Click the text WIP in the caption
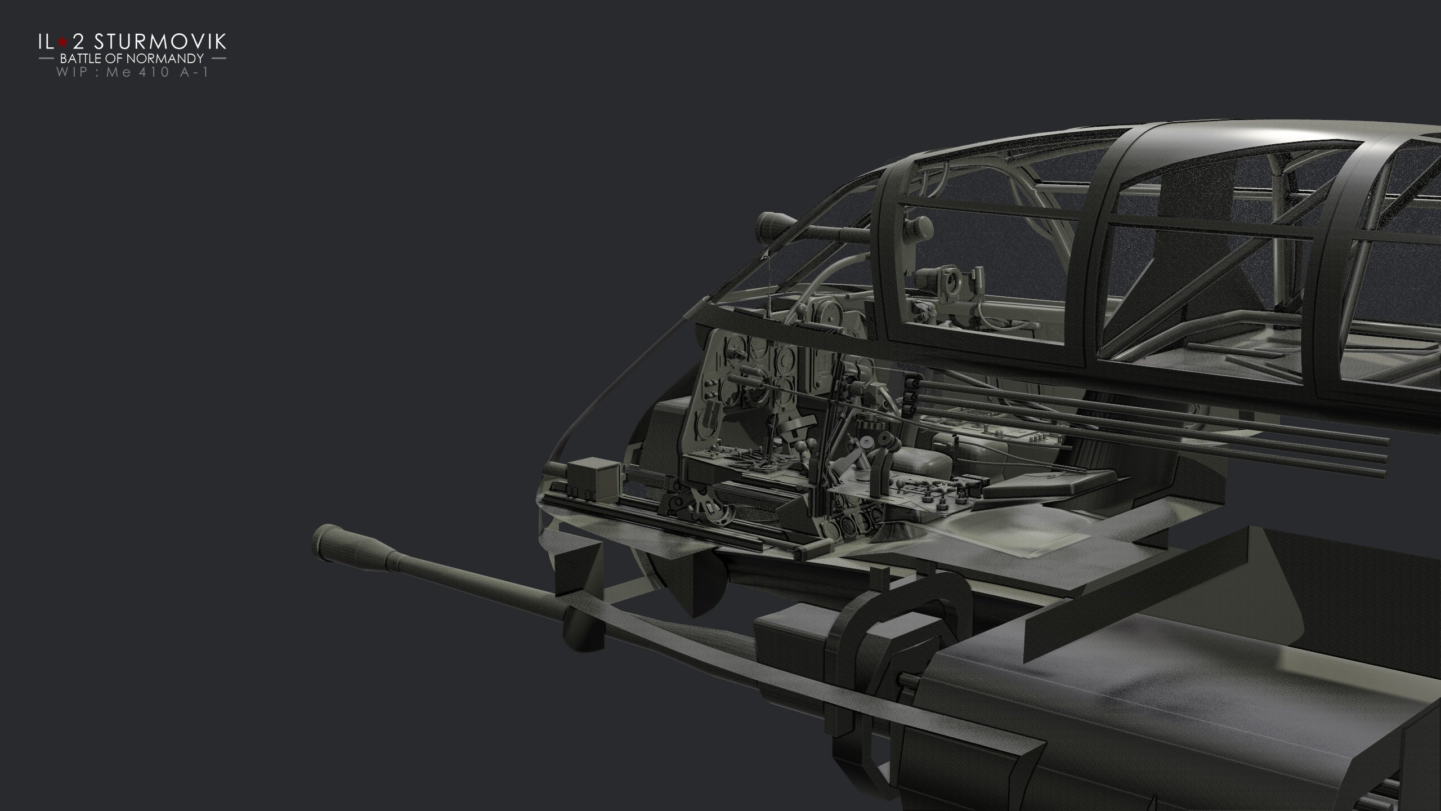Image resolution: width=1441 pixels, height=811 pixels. [x=71, y=73]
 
